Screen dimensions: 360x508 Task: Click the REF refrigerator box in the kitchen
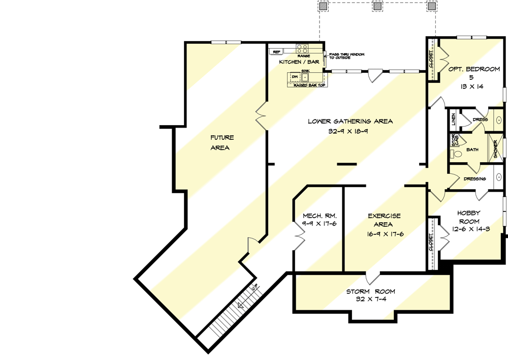(x=276, y=52)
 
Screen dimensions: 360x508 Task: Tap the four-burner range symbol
(x=302, y=49)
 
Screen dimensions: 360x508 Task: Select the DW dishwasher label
(x=294, y=77)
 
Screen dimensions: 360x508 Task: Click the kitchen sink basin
(x=305, y=77)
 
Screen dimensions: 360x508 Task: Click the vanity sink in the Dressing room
(x=499, y=178)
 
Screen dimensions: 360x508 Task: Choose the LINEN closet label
(x=453, y=119)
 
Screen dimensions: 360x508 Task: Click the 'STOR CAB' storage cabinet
(x=454, y=140)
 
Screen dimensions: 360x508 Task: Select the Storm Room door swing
(x=371, y=278)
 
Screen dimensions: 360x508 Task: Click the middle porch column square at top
(x=377, y=7)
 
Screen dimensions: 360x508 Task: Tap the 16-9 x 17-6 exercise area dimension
(x=384, y=234)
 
